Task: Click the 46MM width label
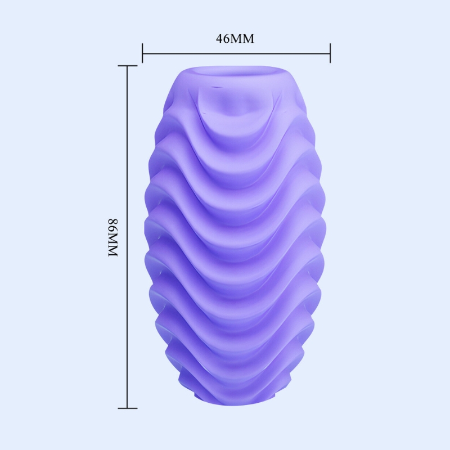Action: (x=235, y=38)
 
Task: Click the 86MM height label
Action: (x=113, y=238)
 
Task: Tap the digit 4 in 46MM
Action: (x=219, y=38)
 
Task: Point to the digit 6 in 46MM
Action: (x=227, y=38)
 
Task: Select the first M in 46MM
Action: (x=236, y=38)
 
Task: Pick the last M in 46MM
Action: (x=249, y=38)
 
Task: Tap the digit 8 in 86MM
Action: (x=113, y=222)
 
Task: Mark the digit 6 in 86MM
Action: (x=113, y=229)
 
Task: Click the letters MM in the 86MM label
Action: (x=113, y=245)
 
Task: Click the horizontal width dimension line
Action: (x=236, y=53)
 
